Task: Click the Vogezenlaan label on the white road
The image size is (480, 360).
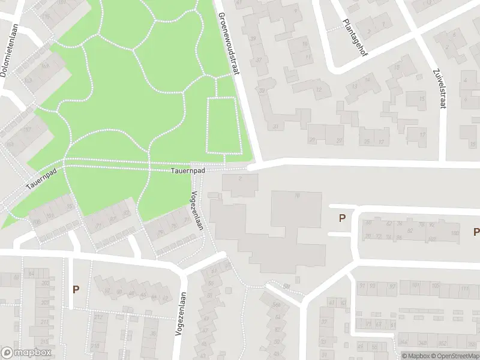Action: click(179, 315)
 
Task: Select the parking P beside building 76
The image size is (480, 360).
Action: click(342, 218)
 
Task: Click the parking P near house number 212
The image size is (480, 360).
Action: click(76, 289)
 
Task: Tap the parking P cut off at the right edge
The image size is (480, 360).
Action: click(476, 232)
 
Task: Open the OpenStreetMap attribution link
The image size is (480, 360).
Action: click(454, 356)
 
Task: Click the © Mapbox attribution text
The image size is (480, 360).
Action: click(416, 356)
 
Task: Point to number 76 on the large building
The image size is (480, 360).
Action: click(297, 196)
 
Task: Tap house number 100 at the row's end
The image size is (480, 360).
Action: click(454, 233)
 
